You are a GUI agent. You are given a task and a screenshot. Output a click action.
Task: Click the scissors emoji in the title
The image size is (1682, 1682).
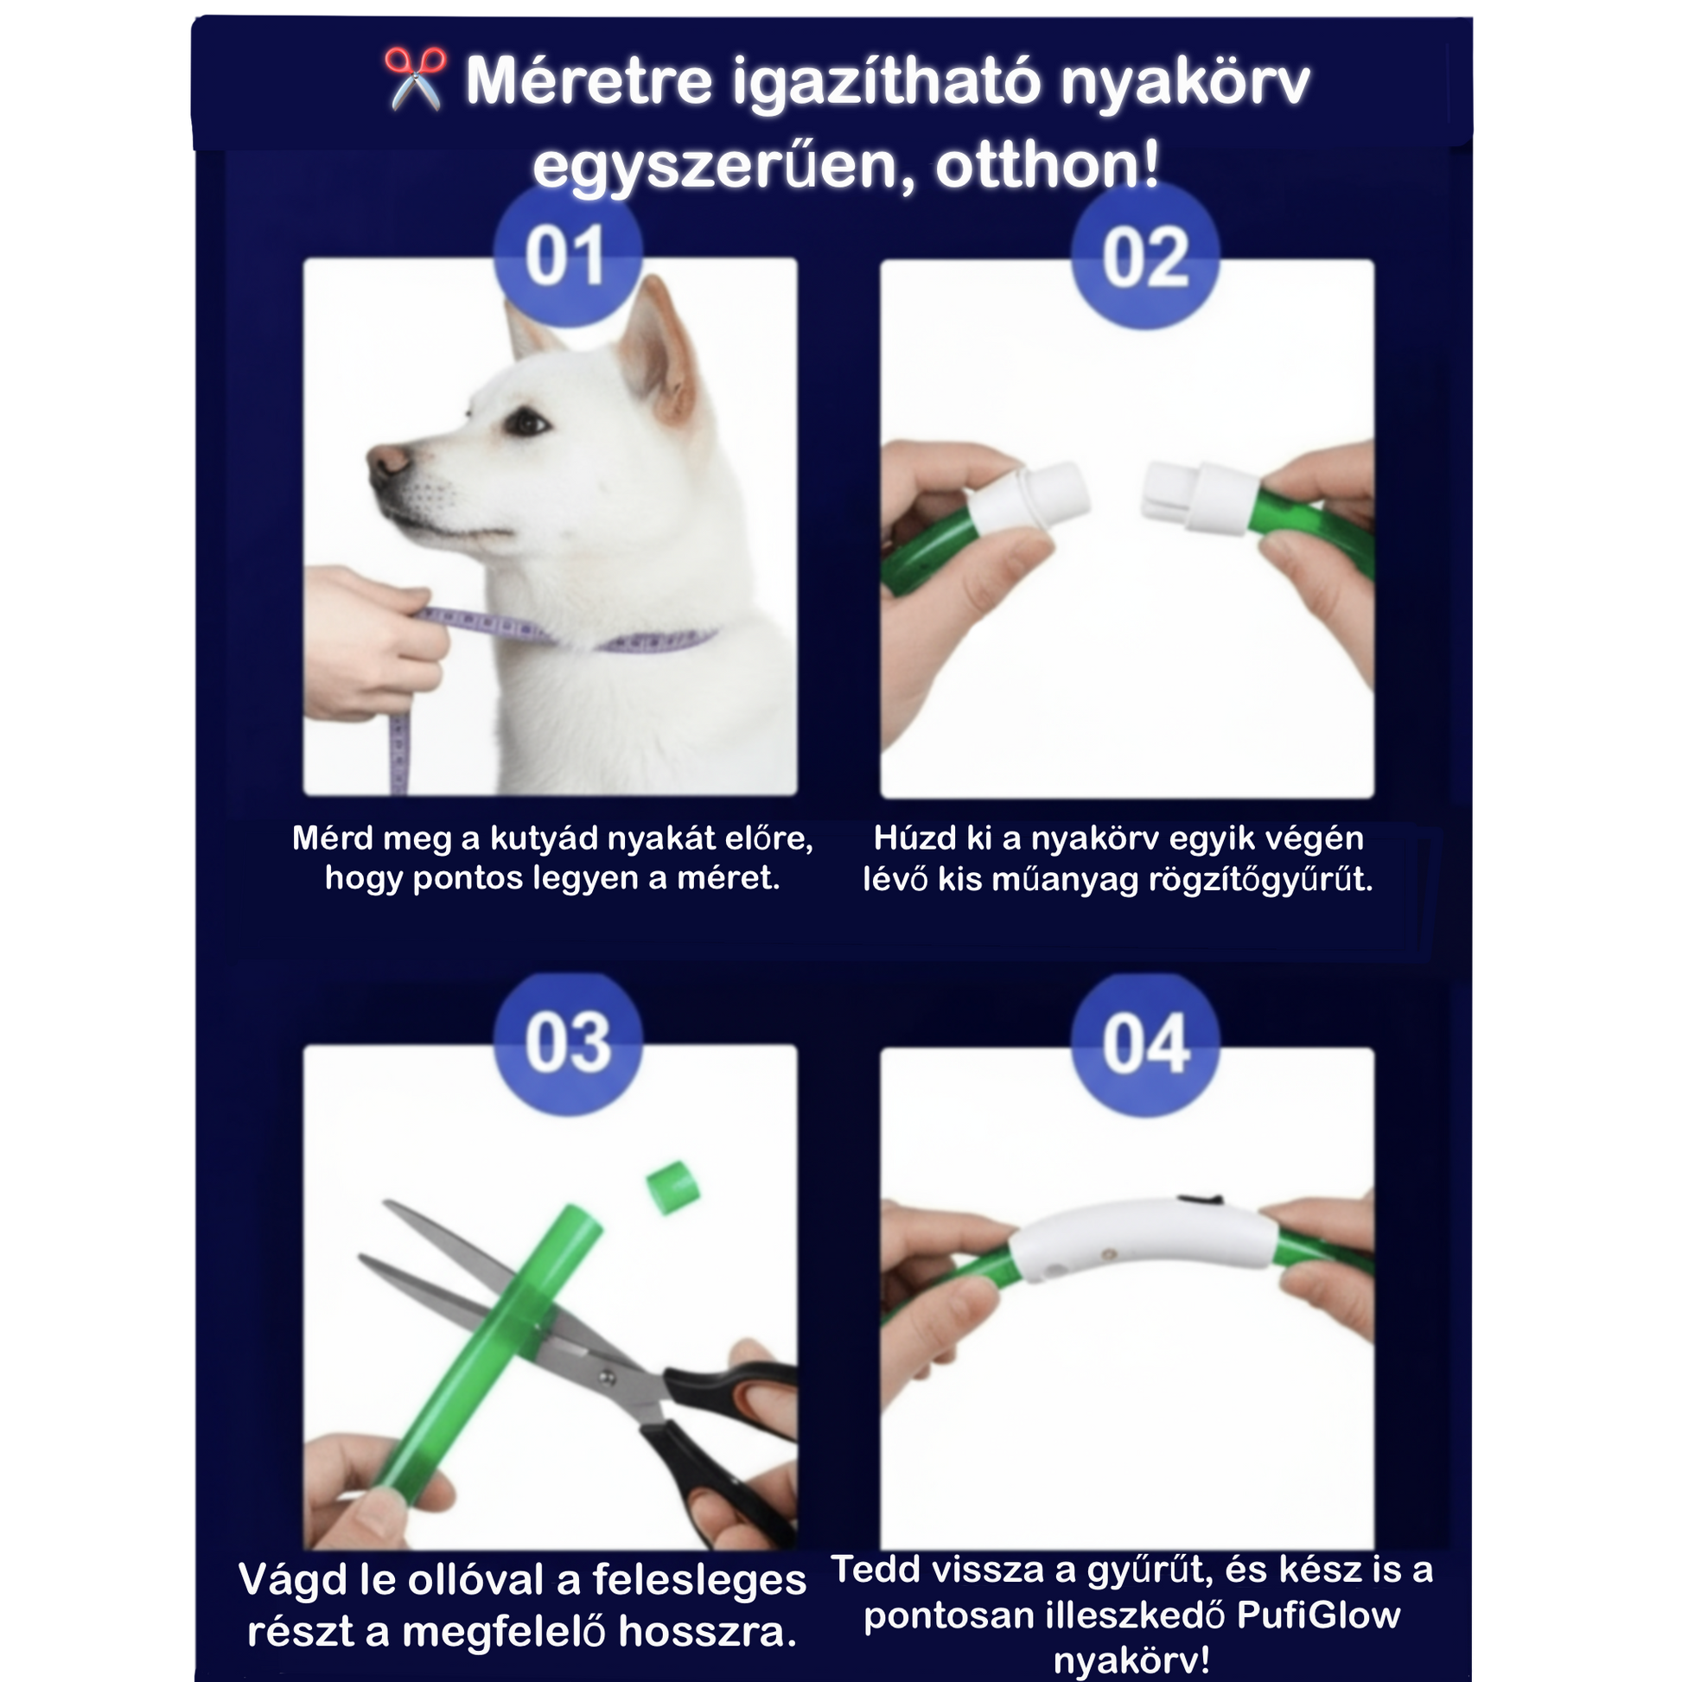415,80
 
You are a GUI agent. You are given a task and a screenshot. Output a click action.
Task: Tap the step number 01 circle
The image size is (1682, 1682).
567,254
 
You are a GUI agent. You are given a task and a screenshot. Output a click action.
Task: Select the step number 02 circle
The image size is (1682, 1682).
1145,256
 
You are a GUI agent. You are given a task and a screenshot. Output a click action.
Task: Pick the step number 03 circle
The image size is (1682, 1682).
568,1043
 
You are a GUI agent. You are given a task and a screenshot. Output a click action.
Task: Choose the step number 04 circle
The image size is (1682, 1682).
1145,1044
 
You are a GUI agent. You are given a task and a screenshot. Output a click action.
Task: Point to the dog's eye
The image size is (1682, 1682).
525,423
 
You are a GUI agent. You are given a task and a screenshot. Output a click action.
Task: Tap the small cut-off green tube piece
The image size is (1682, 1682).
672,1187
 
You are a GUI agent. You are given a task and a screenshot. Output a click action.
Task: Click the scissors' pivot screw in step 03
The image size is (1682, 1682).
608,1376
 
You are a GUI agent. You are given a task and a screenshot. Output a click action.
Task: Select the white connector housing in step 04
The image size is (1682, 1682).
1144,1239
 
